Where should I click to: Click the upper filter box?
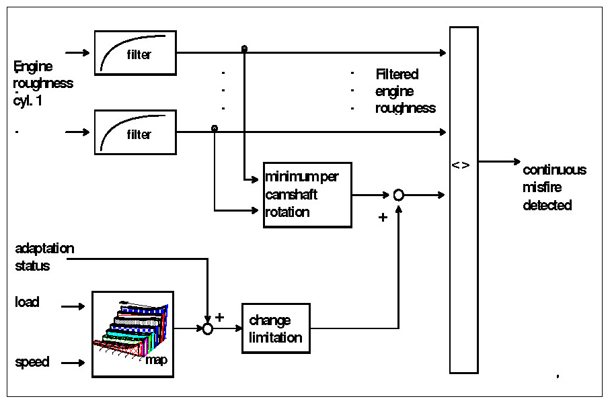135,52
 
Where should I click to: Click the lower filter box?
135,132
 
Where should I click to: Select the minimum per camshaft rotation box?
307,195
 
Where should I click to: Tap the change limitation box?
276,328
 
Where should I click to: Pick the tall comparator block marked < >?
463,199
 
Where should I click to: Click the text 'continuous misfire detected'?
554,187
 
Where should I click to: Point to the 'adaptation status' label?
44,257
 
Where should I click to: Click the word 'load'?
27,302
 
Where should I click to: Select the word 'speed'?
32,363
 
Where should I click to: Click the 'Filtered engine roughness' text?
406,91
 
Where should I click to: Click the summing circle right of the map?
207,329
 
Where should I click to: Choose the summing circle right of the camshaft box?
398,195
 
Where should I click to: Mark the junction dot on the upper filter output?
244,49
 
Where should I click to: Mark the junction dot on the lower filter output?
215,128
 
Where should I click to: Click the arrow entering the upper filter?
77,52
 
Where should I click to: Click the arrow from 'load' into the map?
73,306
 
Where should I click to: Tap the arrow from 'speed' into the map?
73,363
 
